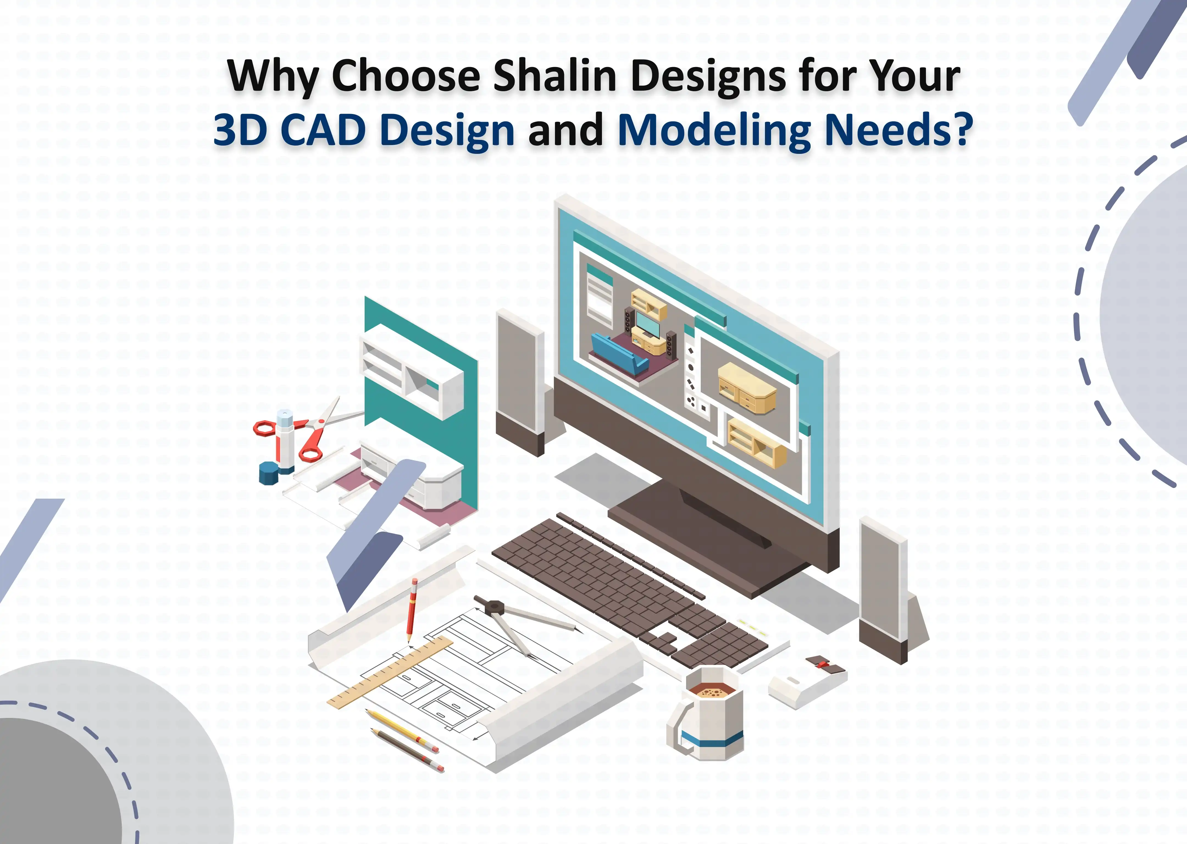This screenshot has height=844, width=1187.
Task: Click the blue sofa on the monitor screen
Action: pyautogui.click(x=619, y=353)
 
